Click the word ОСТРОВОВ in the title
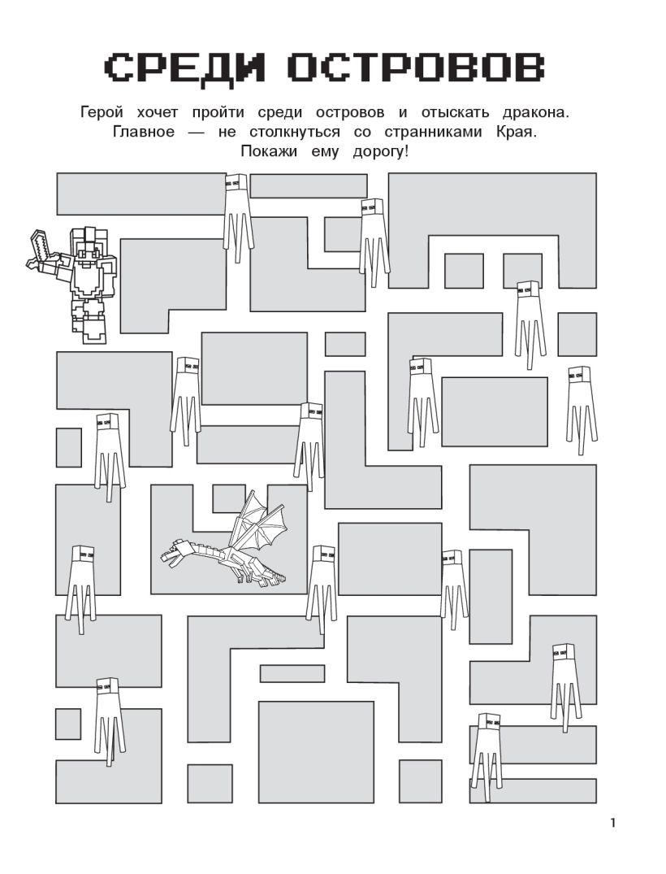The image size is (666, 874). (417, 67)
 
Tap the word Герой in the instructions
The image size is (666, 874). (102, 112)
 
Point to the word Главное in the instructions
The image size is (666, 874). (144, 132)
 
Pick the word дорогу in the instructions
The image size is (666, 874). (380, 152)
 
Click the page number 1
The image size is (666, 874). (612, 824)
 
